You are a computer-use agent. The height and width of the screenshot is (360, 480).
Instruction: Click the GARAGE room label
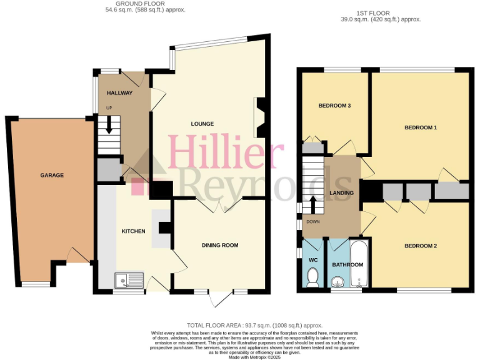tap(52, 176)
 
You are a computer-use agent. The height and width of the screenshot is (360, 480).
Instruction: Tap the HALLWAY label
tap(119, 93)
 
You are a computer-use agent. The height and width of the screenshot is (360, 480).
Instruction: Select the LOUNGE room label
tap(202, 124)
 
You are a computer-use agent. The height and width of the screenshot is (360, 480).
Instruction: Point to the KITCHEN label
tap(133, 231)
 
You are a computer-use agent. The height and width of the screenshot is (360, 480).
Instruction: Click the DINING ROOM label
tap(220, 245)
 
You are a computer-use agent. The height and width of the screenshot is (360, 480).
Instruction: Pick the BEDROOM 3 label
tap(334, 106)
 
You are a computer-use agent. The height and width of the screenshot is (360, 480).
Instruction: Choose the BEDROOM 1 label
tap(421, 128)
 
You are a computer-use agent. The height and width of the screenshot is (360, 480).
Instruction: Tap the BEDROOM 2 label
tap(421, 246)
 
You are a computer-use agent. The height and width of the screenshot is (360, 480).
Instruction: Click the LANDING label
tap(342, 193)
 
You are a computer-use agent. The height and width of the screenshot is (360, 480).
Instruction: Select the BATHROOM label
tap(347, 265)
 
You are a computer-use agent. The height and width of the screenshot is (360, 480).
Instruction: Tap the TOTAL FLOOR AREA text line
tap(254, 326)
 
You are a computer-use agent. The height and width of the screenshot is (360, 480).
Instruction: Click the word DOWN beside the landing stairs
tap(312, 222)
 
